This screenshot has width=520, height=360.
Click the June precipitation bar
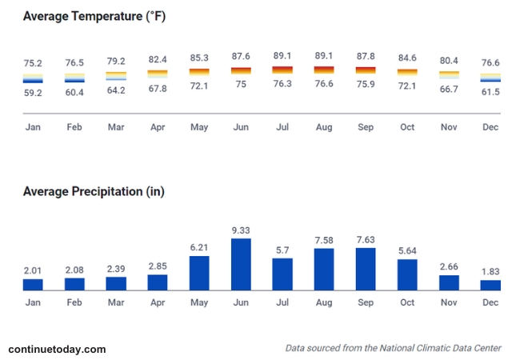[x=241, y=264]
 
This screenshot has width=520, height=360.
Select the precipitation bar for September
[x=366, y=269]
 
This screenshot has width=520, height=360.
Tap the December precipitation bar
[x=490, y=285]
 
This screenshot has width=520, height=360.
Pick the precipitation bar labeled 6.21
[x=199, y=273]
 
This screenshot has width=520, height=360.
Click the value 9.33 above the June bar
[x=241, y=230]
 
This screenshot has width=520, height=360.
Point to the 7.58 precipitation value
[x=324, y=240]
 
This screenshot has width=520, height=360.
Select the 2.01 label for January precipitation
[x=33, y=271]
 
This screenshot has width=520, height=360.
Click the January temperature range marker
[x=33, y=78]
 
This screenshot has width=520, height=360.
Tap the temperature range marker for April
[x=158, y=74]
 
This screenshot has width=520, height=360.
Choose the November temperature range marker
[x=449, y=74]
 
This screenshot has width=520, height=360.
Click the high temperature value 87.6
[x=241, y=56]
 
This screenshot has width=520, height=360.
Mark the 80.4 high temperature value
[x=449, y=60]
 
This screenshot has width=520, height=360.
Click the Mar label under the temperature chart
[x=116, y=126]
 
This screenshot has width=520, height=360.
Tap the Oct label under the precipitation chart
[x=407, y=302]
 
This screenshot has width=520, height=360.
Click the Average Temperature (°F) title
[x=100, y=16]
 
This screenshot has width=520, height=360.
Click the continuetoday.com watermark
[x=57, y=349]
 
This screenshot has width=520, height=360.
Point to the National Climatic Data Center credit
[x=393, y=348]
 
